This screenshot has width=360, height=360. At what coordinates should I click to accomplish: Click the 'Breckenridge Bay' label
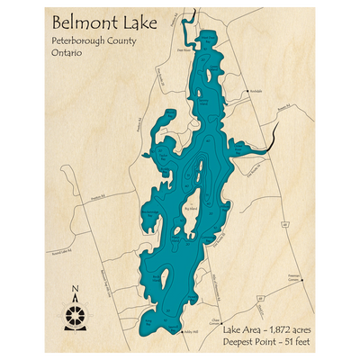(150, 212)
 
